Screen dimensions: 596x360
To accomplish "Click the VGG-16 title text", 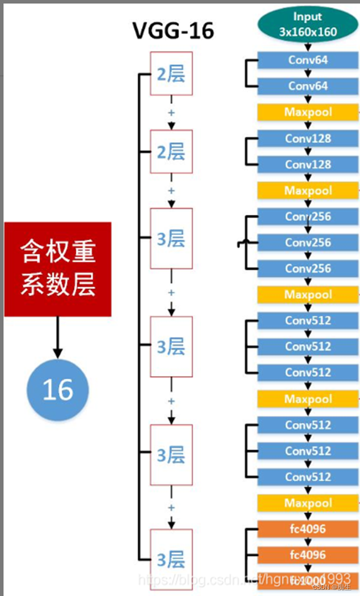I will (173, 30).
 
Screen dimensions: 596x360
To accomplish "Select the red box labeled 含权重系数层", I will (58, 269).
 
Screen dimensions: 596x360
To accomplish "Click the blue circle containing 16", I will (58, 390).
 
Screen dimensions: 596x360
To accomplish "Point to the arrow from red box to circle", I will (57, 338).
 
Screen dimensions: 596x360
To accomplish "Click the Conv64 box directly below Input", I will (308, 60).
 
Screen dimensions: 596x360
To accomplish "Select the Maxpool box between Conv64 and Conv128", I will (308, 112).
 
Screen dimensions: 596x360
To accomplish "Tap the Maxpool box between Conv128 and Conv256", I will (308, 190).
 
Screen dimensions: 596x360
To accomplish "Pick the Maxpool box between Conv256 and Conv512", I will (308, 295).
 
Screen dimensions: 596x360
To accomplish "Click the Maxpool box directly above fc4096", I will (308, 503).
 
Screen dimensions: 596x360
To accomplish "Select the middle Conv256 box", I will (308, 242).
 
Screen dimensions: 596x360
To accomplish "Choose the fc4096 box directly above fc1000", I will (308, 555).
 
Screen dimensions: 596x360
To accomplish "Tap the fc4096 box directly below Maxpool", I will (308, 529).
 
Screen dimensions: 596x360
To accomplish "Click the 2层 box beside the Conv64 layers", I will (171, 74).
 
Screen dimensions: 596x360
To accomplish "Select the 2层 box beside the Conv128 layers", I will (171, 152).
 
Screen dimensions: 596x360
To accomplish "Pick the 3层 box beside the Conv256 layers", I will (171, 239).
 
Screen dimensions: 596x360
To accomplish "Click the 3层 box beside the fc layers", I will (171, 560).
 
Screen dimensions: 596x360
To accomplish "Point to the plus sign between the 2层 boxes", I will (171, 112).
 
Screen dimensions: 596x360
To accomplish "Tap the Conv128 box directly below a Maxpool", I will (308, 138).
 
